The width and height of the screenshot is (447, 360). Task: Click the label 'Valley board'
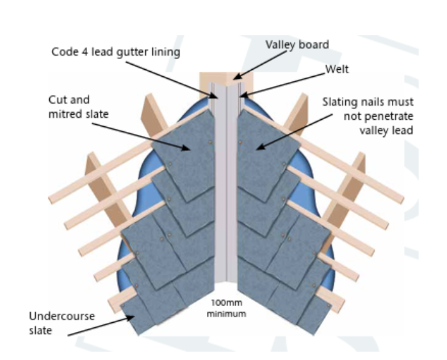297,45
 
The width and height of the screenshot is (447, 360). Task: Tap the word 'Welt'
337,69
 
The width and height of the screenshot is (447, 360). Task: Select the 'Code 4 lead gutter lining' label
116,52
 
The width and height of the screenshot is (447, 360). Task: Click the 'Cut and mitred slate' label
78,107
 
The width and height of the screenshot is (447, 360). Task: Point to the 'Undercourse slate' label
62,323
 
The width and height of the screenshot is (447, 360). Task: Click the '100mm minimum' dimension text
226,308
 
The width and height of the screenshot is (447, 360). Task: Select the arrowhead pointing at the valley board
238,76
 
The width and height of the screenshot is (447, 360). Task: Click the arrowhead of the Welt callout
244,95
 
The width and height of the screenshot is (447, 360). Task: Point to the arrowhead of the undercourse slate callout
131,317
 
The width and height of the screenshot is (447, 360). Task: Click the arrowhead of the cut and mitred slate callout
186,147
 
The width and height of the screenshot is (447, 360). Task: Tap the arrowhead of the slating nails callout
261,147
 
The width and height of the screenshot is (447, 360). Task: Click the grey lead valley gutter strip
226,183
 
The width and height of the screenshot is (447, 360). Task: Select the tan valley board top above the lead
226,78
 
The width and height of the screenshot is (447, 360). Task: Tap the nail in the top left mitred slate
211,142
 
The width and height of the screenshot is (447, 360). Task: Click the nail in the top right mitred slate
240,142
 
